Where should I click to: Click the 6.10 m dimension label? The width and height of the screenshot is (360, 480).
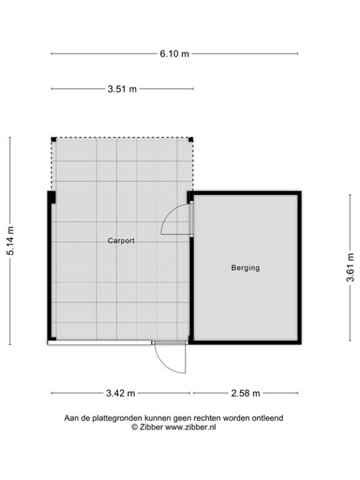(175, 54)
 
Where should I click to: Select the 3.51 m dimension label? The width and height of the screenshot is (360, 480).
(122, 89)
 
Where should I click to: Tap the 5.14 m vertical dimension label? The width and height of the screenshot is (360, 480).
(10, 241)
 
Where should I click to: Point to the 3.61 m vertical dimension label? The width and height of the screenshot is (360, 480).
(350, 267)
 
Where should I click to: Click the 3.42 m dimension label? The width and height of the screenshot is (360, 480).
(121, 393)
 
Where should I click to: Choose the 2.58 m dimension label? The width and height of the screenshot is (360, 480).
(245, 393)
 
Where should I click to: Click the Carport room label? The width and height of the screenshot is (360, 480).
(121, 241)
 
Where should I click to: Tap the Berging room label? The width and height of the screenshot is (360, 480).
(245, 268)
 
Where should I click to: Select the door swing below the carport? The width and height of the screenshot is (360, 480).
(164, 364)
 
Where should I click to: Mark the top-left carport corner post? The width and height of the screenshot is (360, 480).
(53, 140)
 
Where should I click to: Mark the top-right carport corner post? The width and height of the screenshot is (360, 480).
(191, 140)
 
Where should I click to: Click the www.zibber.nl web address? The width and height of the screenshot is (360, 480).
(190, 427)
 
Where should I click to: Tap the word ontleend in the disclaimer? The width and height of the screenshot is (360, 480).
(268, 418)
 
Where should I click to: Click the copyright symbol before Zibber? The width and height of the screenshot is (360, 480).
(134, 427)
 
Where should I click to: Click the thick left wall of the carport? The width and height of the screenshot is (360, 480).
(50, 266)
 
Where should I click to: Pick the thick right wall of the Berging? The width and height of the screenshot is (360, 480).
(299, 268)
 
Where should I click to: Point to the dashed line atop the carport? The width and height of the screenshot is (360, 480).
(122, 138)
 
